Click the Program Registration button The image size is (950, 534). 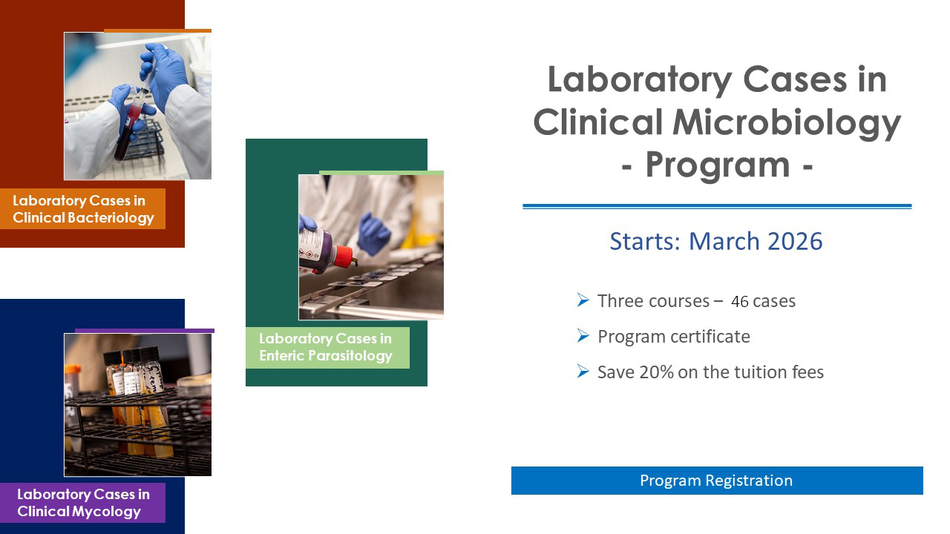tap(716, 481)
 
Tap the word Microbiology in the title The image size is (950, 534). tap(787, 122)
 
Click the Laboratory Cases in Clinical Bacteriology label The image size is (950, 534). tap(83, 209)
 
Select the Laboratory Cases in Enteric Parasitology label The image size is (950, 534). tap(326, 347)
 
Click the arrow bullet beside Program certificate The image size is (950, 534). tap(583, 337)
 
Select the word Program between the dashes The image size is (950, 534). tap(717, 165)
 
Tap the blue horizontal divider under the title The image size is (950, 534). tap(716, 206)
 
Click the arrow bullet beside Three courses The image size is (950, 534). tap(583, 301)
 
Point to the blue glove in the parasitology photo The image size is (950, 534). tap(373, 233)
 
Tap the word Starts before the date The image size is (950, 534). tap(643, 242)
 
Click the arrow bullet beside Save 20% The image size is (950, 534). tap(583, 372)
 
